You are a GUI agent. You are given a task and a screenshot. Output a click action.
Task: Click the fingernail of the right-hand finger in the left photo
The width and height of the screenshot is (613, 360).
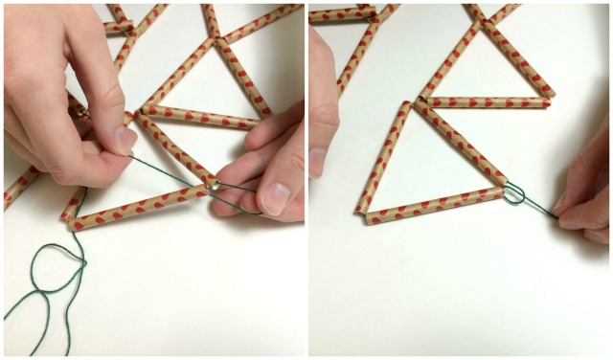tap(275, 195)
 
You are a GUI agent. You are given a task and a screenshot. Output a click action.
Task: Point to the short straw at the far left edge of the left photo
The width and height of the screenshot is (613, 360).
tap(19, 187)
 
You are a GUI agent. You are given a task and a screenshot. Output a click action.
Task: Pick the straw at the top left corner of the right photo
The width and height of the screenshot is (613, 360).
tap(340, 14)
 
